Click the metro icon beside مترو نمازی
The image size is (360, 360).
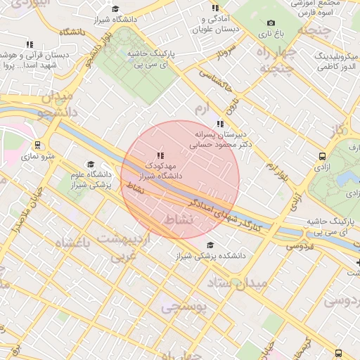[37, 145]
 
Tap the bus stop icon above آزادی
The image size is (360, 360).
[322, 156]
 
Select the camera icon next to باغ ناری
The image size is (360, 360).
[271, 23]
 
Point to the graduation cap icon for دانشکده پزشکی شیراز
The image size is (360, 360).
[210, 245]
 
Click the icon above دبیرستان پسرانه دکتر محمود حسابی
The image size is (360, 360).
[220, 124]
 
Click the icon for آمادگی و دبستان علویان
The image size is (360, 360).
[215, 8]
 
